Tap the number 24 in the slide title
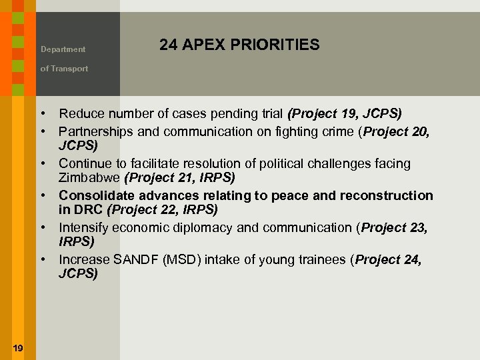click(x=168, y=45)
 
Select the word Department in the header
click(x=63, y=49)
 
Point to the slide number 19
click(x=18, y=347)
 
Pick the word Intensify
click(x=83, y=227)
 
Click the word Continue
click(x=85, y=163)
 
